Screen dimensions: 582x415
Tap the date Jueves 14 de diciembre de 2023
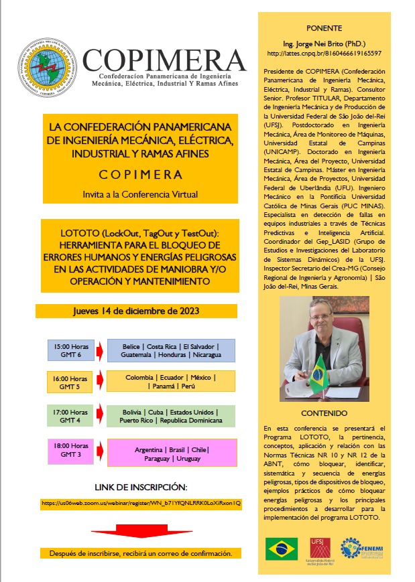(136, 311)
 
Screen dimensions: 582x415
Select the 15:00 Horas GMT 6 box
(69, 350)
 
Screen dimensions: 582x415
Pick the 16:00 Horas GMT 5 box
(69, 382)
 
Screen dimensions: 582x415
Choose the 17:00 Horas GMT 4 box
(70, 416)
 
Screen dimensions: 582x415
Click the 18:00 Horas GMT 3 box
(70, 449)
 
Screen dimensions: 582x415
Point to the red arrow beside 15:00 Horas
(99, 350)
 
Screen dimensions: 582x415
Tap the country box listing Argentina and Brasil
(172, 453)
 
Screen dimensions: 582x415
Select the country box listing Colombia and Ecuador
(172, 382)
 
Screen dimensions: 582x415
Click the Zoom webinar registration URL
(141, 502)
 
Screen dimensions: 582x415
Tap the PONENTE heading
(324, 28)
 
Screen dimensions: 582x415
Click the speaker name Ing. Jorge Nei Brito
(324, 42)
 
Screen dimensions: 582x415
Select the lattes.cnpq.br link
(324, 53)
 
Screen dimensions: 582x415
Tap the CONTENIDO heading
(324, 413)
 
